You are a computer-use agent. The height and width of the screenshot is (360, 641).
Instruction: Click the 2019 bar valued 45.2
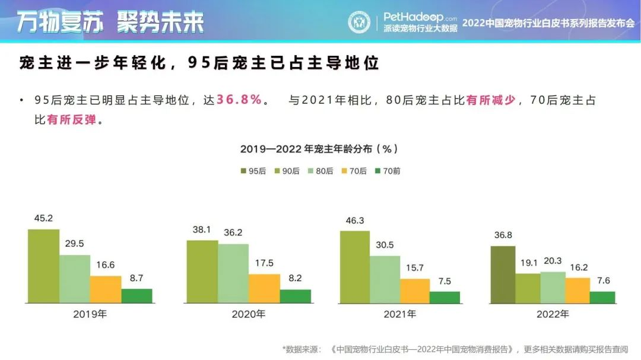(x=43, y=266)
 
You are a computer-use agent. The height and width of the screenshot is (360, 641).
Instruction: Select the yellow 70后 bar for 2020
(x=264, y=288)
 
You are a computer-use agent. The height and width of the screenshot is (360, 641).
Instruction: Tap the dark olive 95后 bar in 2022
(x=502, y=274)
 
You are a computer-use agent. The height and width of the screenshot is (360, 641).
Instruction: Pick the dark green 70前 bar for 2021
(x=445, y=297)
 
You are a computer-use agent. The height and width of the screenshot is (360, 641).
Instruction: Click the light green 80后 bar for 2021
(x=385, y=279)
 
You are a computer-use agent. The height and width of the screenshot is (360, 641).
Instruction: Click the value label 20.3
(x=553, y=262)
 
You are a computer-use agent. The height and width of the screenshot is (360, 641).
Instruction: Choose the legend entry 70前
(x=388, y=171)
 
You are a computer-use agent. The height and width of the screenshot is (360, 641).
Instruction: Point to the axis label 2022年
(x=552, y=314)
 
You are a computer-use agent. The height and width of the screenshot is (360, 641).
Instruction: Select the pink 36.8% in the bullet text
(x=239, y=100)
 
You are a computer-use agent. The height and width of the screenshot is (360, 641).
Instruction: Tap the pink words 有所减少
(x=490, y=100)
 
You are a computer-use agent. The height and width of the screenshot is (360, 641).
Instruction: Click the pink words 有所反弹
(x=71, y=120)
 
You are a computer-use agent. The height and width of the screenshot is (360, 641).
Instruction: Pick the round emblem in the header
(x=358, y=22)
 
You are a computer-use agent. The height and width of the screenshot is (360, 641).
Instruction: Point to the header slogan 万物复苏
(x=59, y=22)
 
